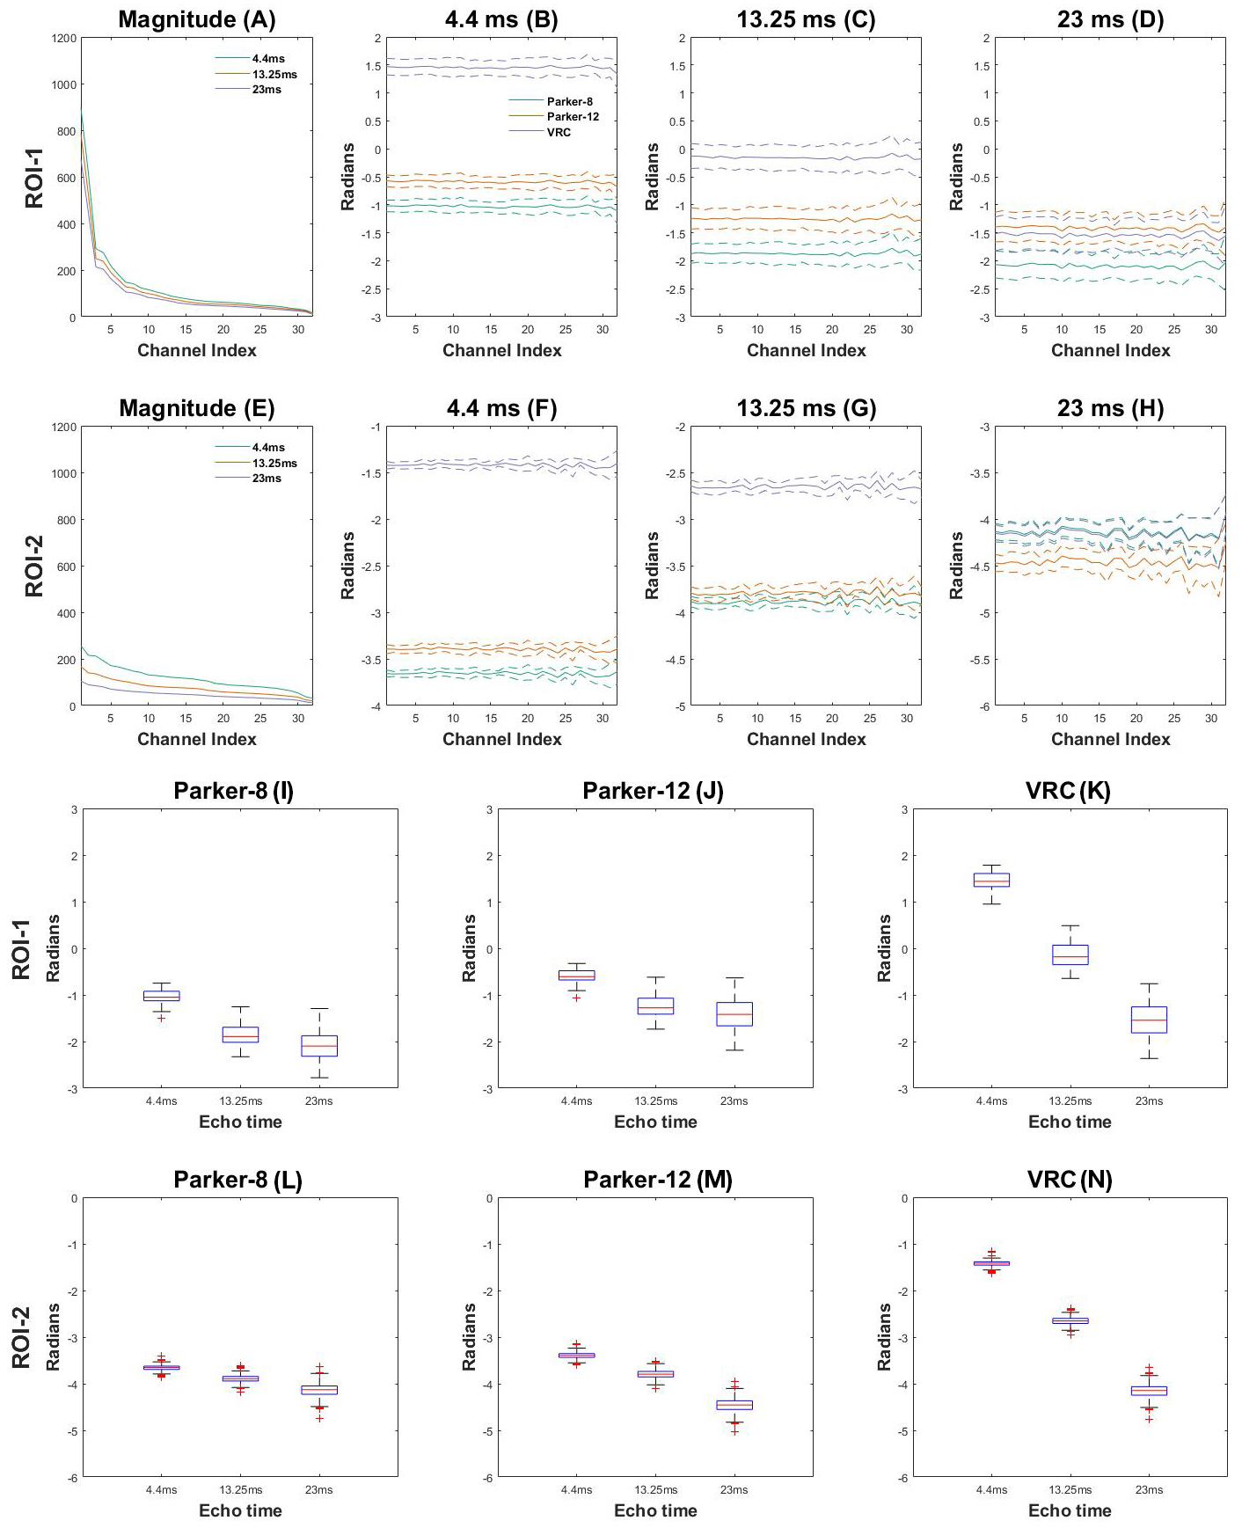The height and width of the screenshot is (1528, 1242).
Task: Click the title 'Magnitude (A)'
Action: [196, 19]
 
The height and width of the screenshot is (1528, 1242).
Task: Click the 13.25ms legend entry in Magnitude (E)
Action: [274, 463]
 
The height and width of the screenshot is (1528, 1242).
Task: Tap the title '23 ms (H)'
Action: [1110, 408]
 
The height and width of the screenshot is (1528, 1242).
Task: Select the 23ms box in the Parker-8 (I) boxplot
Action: [319, 1045]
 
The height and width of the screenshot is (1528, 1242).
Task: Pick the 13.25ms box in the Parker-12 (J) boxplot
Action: [655, 1005]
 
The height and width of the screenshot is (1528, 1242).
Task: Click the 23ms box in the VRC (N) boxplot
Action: [1149, 1390]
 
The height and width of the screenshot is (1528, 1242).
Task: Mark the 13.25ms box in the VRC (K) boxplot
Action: [1070, 954]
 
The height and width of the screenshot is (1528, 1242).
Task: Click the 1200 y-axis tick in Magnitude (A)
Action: [64, 38]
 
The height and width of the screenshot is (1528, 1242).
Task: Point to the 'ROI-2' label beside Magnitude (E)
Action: [33, 566]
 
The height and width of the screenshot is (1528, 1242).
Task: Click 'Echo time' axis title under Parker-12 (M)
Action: [655, 1510]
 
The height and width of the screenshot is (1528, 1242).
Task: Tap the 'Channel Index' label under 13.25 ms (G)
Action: [806, 739]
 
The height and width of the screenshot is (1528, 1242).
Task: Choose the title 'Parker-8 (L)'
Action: [237, 1180]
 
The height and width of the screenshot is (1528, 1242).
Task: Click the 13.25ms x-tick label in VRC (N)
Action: [1070, 1489]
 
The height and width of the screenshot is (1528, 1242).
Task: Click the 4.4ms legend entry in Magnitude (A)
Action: [268, 59]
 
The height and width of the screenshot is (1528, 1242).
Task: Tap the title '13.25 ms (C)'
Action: [806, 19]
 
